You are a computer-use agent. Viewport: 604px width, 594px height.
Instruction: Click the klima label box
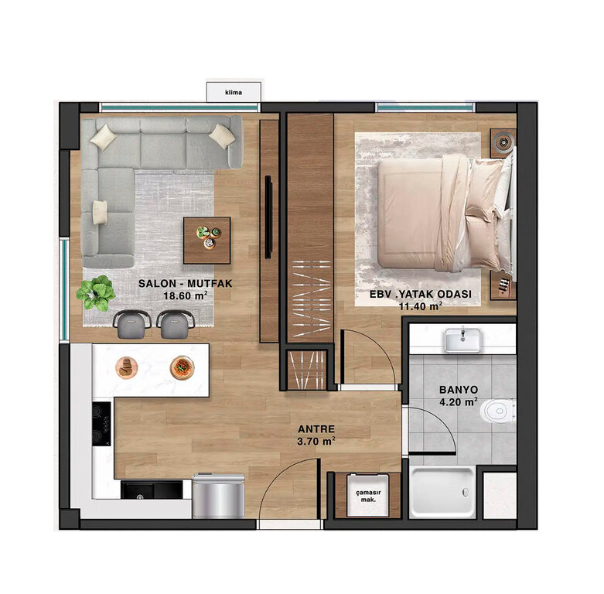pos(234,92)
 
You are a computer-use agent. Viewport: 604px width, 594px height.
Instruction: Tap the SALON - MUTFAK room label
pos(186,284)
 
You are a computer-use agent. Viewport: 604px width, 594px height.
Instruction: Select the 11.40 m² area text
pos(420,306)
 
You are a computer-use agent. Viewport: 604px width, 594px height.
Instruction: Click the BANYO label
pos(459,390)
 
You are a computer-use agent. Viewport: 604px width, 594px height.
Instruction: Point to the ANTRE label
pos(316,429)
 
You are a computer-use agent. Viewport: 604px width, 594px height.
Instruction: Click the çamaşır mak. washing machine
pos(368,495)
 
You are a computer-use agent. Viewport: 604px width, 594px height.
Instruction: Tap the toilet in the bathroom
pos(497,411)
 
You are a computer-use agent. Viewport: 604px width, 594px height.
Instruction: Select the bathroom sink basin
pos(462,340)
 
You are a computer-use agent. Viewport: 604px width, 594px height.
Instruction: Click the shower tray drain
pos(466,492)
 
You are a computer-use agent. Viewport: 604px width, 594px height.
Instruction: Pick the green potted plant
pos(96,293)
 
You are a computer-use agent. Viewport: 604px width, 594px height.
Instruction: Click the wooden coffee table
pos(206,241)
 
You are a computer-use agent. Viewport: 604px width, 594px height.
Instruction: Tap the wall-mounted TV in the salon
pos(268,217)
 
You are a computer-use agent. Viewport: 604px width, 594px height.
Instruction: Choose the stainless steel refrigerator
pos(218,496)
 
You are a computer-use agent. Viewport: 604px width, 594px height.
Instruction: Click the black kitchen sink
pos(152,490)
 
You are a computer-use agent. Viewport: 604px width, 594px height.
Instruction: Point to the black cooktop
pos(101,424)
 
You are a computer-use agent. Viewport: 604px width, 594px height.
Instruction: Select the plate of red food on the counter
pos(183,367)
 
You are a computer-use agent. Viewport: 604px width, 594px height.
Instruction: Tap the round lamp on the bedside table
pos(503,142)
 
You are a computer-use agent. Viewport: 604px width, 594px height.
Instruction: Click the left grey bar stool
pos(131,324)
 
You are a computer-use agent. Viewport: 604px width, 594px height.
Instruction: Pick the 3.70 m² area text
pos(316,442)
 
